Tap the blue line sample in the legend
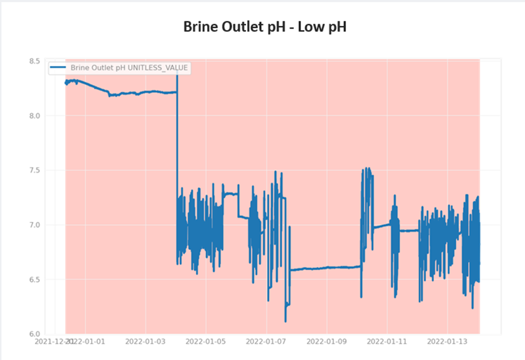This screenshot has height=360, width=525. tap(58, 67)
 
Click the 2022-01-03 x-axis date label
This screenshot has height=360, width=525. tap(145, 341)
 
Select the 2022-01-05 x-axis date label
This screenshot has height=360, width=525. tap(206, 341)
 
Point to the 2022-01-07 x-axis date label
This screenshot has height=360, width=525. tap(266, 341)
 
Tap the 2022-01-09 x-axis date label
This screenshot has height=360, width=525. tap(327, 341)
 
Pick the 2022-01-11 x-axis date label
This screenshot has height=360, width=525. tap(387, 341)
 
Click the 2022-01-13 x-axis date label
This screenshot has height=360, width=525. tap(448, 341)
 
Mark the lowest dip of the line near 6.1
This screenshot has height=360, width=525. tap(286, 321)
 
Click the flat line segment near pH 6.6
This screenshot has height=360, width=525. tap(326, 268)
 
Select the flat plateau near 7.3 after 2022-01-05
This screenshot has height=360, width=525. tap(230, 194)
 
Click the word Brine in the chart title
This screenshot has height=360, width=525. tap(200, 26)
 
